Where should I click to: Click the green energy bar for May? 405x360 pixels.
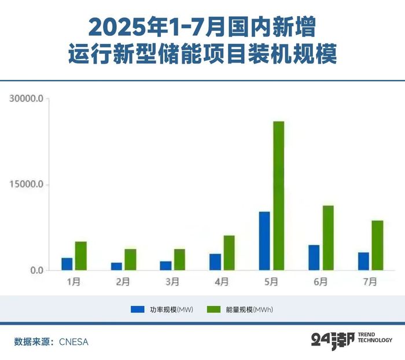278,196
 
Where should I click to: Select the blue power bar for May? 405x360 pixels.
264,241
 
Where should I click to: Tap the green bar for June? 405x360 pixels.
328,238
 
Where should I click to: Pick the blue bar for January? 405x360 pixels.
67,264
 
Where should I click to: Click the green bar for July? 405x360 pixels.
377,245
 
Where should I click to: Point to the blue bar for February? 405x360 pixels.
116,266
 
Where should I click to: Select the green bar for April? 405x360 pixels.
229,253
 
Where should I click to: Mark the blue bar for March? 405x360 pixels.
166,266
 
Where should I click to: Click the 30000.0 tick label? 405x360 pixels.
27,98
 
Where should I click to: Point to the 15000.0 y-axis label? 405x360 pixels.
27,185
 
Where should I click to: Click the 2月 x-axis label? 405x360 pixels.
123,282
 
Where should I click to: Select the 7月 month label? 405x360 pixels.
370,282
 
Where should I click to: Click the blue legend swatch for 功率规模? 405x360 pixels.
137,310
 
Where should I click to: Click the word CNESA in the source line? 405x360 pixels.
73,342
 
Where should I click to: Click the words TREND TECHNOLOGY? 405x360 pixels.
375,337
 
